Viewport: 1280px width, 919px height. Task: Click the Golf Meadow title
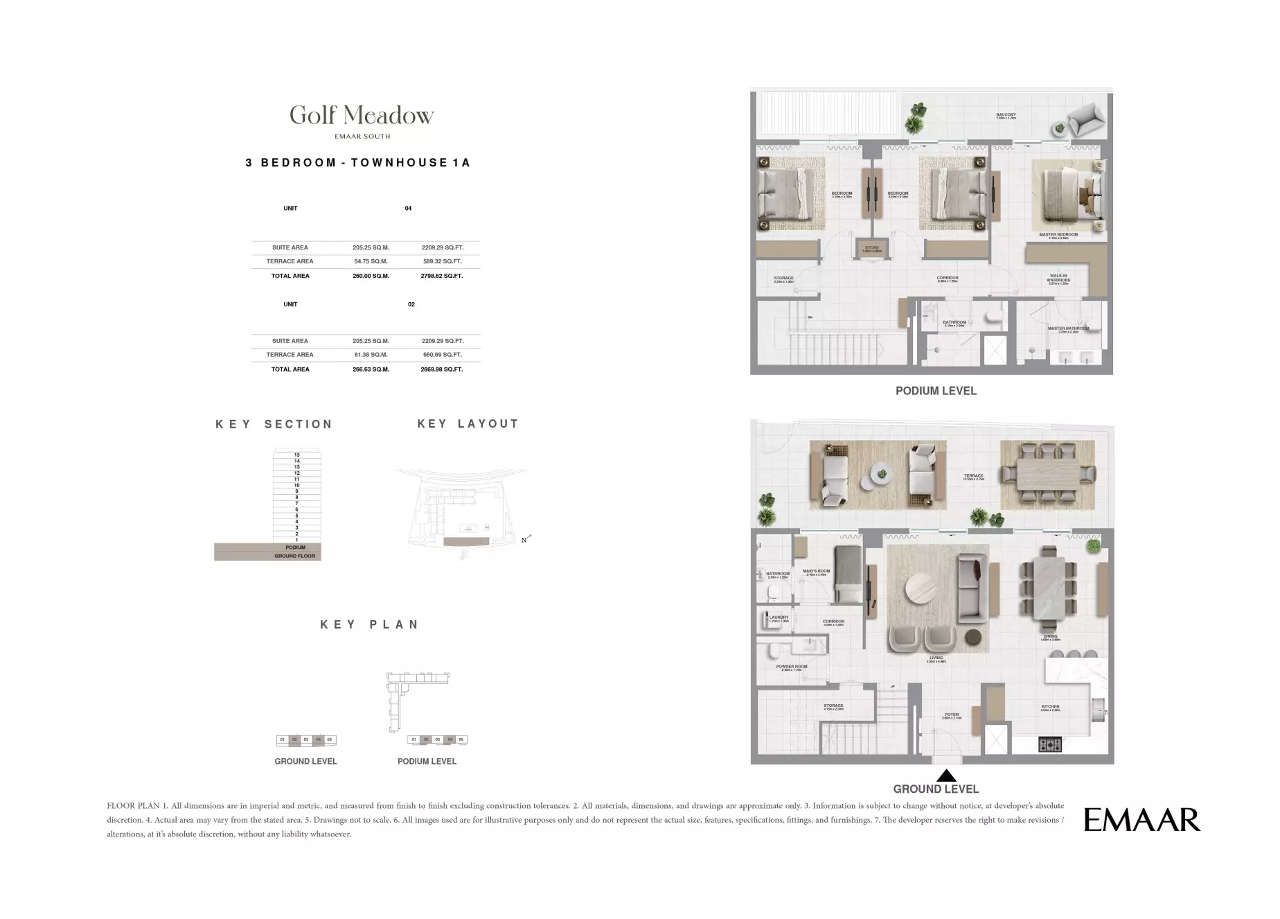click(362, 115)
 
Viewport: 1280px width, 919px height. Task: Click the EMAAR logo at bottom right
click(1141, 820)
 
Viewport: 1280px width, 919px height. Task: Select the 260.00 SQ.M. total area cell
click(371, 276)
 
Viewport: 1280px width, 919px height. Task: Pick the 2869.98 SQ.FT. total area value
click(441, 369)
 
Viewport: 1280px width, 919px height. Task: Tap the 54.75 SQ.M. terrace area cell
click(371, 261)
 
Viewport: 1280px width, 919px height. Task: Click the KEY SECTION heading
click(274, 424)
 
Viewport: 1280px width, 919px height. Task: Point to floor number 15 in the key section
click(296, 455)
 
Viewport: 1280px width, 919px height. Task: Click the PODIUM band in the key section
click(295, 548)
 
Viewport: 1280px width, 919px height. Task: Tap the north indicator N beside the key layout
click(524, 540)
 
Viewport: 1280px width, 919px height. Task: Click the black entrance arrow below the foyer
click(946, 776)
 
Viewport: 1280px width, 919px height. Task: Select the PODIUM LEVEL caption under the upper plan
click(936, 391)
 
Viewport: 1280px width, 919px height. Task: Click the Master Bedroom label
click(1058, 235)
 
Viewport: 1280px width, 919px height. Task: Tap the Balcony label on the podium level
click(1006, 115)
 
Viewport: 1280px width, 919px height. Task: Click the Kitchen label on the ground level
click(1050, 707)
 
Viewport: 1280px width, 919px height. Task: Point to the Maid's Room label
click(816, 572)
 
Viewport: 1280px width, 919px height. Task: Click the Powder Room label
click(791, 667)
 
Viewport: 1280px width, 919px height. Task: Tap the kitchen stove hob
click(1050, 745)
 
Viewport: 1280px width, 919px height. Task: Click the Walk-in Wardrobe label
click(1058, 279)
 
